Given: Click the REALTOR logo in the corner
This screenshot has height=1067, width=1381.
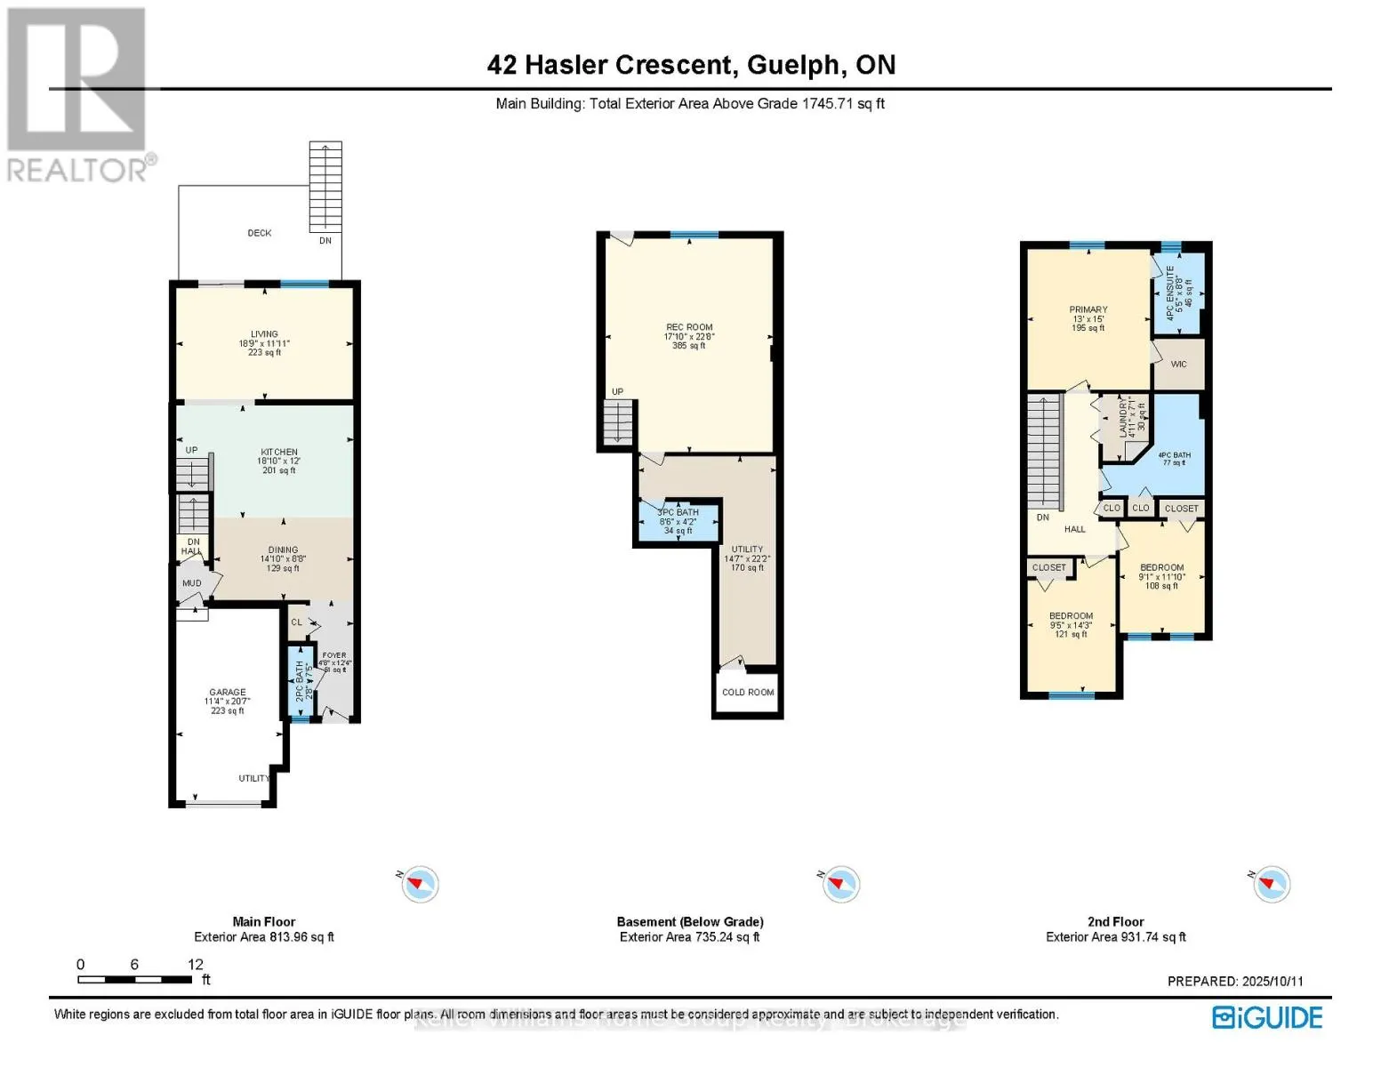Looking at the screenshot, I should (78, 94).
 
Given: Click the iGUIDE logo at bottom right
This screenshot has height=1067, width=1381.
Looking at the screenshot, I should (1267, 1017).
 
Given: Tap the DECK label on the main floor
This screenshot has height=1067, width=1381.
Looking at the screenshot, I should (260, 233).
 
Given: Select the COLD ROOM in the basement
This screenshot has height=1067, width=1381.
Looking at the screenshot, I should (748, 693).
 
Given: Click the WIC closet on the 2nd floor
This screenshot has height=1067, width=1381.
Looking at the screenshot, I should (1178, 365).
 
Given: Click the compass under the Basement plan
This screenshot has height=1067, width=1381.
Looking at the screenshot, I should (839, 884).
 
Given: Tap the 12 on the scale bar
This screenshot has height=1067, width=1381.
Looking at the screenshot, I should (196, 965).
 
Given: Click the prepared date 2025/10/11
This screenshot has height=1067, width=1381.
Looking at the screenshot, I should (1269, 982).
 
